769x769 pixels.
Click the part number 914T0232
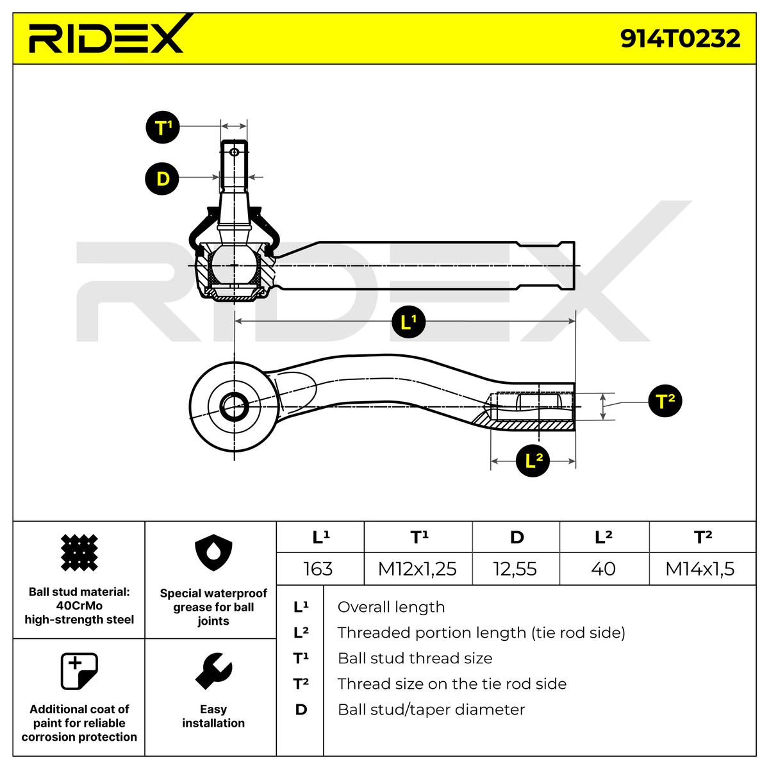680,38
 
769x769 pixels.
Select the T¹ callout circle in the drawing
163,127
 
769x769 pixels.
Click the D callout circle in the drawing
163,178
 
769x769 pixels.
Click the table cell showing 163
318,568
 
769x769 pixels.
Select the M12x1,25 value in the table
417,568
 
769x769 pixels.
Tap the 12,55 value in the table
516,568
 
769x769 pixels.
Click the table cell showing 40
604,568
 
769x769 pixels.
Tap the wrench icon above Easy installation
213,670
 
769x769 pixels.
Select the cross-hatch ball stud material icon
79,552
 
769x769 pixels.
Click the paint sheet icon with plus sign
79,671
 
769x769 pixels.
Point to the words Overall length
391,607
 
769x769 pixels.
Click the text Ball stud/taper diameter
431,709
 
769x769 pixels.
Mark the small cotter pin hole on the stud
235,152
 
